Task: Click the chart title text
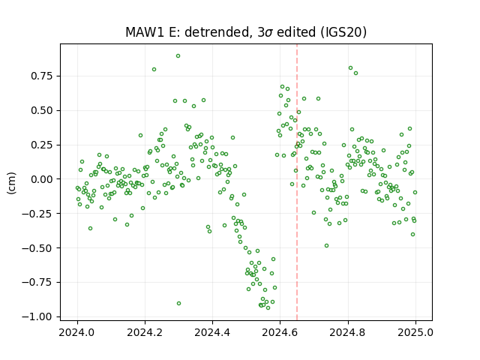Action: pyautogui.click(x=246, y=32)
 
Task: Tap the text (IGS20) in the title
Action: pyautogui.click(x=343, y=32)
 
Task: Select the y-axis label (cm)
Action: pyautogui.click(x=11, y=183)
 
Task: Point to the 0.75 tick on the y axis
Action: pyautogui.click(x=41, y=76)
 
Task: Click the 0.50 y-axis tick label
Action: pyautogui.click(x=41, y=110)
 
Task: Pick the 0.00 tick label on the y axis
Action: pyautogui.click(x=41, y=179)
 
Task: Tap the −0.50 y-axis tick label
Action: pyautogui.click(x=37, y=248)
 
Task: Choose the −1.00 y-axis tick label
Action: pyautogui.click(x=37, y=316)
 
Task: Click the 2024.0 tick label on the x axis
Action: pyautogui.click(x=77, y=332)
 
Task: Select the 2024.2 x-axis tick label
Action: pyautogui.click(x=145, y=332)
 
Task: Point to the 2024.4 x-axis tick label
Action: pyautogui.click(x=212, y=332)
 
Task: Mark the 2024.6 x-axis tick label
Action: pyautogui.click(x=280, y=332)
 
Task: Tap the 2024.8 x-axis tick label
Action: pyautogui.click(x=347, y=332)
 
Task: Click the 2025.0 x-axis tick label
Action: pyautogui.click(x=415, y=332)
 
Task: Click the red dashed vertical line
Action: pyautogui.click(x=297, y=182)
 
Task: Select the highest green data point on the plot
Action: pyautogui.click(x=178, y=56)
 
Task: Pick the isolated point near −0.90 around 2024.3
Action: pyautogui.click(x=178, y=303)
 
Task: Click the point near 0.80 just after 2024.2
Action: pyautogui.click(x=154, y=70)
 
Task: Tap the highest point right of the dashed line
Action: pyautogui.click(x=350, y=68)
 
